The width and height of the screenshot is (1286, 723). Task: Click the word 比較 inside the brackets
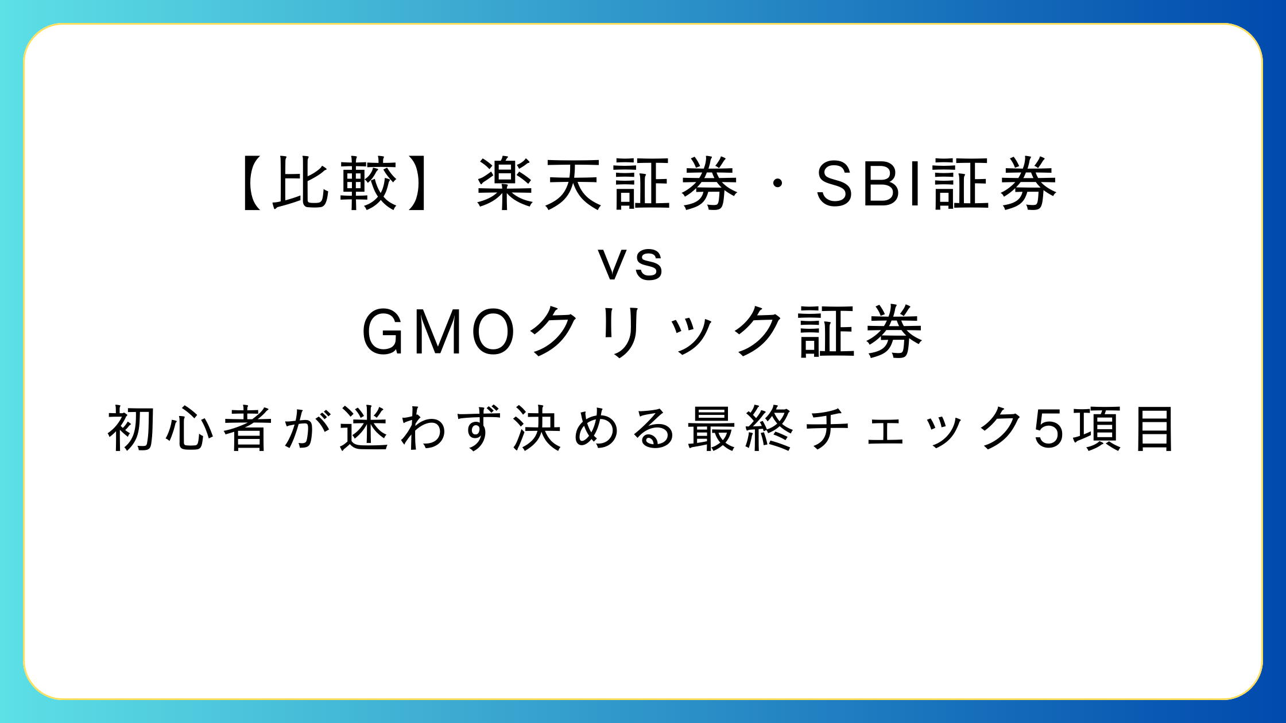(x=335, y=184)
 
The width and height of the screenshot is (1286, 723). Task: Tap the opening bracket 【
(x=251, y=184)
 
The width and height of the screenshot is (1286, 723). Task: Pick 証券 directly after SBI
(x=996, y=184)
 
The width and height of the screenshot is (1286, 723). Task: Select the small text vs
(x=631, y=266)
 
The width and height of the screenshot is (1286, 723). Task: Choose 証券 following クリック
(x=861, y=333)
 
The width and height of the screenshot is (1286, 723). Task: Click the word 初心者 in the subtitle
(x=189, y=429)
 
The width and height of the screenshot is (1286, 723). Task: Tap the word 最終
(x=741, y=429)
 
